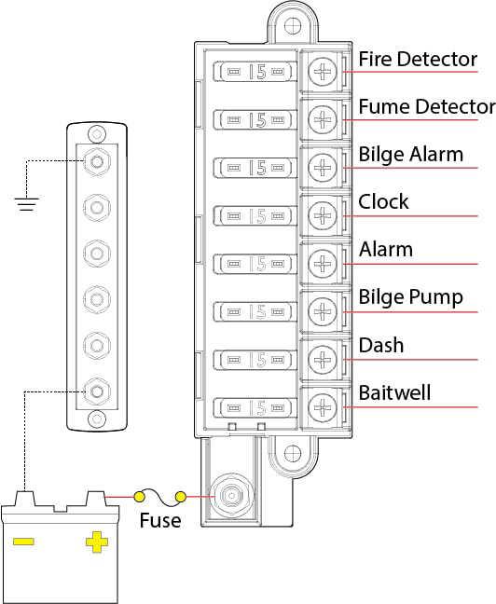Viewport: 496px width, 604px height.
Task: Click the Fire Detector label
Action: pos(418,60)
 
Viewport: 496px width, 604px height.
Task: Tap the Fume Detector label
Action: pos(427,106)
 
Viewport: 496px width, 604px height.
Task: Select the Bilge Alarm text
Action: pos(411,155)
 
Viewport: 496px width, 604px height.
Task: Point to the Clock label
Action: pos(383,201)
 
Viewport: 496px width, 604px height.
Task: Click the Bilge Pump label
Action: pos(411,297)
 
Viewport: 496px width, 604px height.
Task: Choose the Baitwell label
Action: pos(394,392)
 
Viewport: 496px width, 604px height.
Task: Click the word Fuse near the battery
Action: pos(160,520)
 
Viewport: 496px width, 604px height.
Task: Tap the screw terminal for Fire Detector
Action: pos(323,71)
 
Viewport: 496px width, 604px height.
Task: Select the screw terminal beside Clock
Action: pos(323,215)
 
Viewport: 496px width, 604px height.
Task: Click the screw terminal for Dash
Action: pos(323,359)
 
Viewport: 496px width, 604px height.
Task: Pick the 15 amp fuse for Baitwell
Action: pos(255,407)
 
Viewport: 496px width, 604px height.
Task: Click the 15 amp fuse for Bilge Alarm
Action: pos(255,168)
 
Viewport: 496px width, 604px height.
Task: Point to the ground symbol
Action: pos(26,204)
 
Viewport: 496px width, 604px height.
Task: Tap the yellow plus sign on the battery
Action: pos(97,542)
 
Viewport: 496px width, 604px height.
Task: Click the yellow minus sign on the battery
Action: pos(23,542)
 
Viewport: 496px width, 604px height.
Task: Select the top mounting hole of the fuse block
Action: pos(293,26)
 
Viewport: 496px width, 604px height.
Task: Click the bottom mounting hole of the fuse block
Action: pos(293,453)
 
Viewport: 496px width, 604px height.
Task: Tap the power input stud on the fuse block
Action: pos(231,496)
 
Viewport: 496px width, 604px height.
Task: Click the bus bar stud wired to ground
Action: pos(97,161)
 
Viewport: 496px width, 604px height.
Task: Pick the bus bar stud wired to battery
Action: pos(97,391)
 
